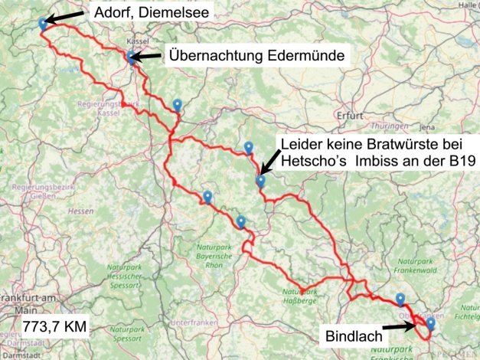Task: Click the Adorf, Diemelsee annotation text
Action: pos(149,13)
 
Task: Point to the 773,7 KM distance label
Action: pos(55,326)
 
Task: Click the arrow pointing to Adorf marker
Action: pos(69,17)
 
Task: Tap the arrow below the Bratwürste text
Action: pos(271,162)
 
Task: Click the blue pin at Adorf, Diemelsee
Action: pos(42,24)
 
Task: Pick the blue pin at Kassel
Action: pos(132,56)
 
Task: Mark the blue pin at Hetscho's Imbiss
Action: pos(260,181)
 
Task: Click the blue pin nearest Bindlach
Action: pos(430,323)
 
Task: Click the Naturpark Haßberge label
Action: pos(302,294)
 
